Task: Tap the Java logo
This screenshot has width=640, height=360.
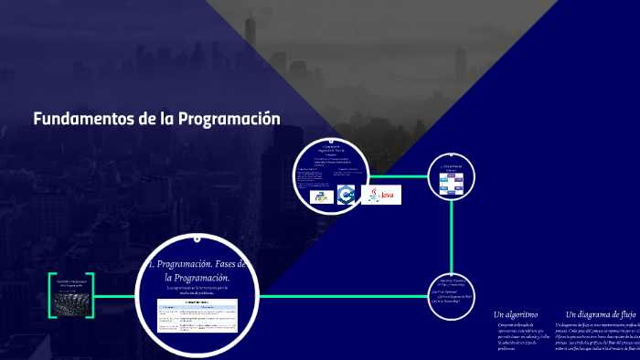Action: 381,195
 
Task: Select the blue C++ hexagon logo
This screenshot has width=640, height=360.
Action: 346,195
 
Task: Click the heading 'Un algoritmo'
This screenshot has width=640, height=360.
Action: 516,314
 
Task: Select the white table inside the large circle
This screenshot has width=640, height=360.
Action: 197,315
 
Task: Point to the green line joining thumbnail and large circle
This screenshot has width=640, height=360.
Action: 115,295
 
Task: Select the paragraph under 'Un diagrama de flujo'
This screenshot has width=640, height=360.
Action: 599,337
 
